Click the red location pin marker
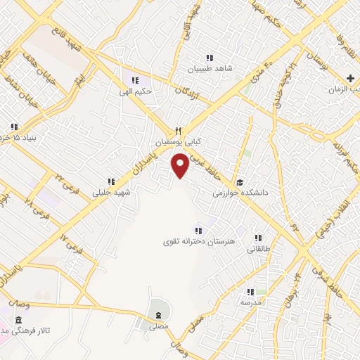pos(181,166)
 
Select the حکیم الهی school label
pos(138,91)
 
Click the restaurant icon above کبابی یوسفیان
pos(178,131)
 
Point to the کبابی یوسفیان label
pos(173,141)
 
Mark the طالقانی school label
pos(258,248)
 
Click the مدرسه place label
pos(251,302)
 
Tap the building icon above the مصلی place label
pos(158,314)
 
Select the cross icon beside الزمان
pos(351,77)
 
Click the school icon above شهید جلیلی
pos(110,181)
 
